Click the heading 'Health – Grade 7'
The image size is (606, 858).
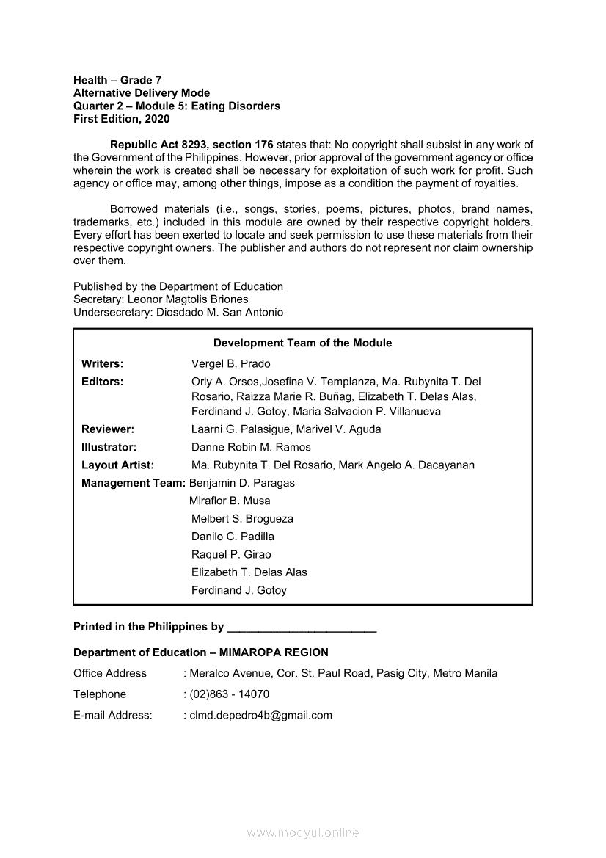[x=117, y=80]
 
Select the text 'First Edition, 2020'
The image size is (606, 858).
[x=121, y=119]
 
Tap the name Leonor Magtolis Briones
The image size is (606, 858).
[x=188, y=299]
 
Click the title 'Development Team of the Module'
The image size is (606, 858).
[x=302, y=343]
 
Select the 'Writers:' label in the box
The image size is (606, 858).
[x=102, y=364]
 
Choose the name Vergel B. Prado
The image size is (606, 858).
[x=230, y=364]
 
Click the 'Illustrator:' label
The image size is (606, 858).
[x=109, y=447]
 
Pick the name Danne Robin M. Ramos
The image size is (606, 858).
[x=251, y=447]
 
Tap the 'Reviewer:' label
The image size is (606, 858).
[x=107, y=429]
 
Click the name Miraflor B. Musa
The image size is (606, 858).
[x=230, y=501]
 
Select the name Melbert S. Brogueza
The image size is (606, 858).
[x=242, y=519]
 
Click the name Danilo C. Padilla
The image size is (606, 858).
[x=233, y=537]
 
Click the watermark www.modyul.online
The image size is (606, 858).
[x=303, y=833]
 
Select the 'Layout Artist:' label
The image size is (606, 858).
[x=117, y=465]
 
